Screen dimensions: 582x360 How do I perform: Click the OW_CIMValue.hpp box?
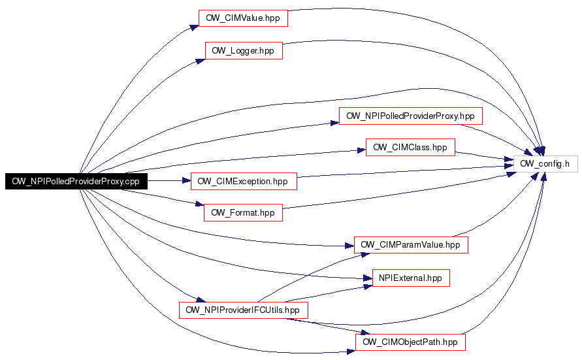pos(243,18)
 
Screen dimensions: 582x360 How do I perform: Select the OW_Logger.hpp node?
pos(244,50)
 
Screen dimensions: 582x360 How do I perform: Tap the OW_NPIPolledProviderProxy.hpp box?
pos(410,116)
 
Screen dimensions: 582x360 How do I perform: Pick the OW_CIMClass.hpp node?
pos(410,148)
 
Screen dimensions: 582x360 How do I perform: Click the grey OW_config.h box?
pos(545,164)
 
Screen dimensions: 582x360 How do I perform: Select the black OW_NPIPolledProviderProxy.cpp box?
pos(76,181)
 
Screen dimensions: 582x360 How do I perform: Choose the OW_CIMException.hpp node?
pos(244,181)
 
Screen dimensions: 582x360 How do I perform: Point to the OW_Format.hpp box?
pos(243,212)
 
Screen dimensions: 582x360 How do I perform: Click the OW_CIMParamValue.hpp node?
pos(411,245)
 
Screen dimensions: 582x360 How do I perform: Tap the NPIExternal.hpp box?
pos(411,278)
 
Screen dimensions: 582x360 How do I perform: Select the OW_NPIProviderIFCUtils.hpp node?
pos(244,310)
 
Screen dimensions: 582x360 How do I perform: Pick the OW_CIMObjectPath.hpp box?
pos(410,342)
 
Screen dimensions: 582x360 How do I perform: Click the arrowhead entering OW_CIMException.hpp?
pos(186,181)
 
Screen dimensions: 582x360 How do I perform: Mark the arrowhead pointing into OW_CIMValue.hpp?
pos(194,27)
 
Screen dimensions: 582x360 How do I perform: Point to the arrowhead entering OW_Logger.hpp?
pos(201,61)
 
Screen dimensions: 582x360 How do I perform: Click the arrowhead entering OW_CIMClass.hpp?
pos(361,150)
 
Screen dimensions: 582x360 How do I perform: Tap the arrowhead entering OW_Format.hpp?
pos(200,204)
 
